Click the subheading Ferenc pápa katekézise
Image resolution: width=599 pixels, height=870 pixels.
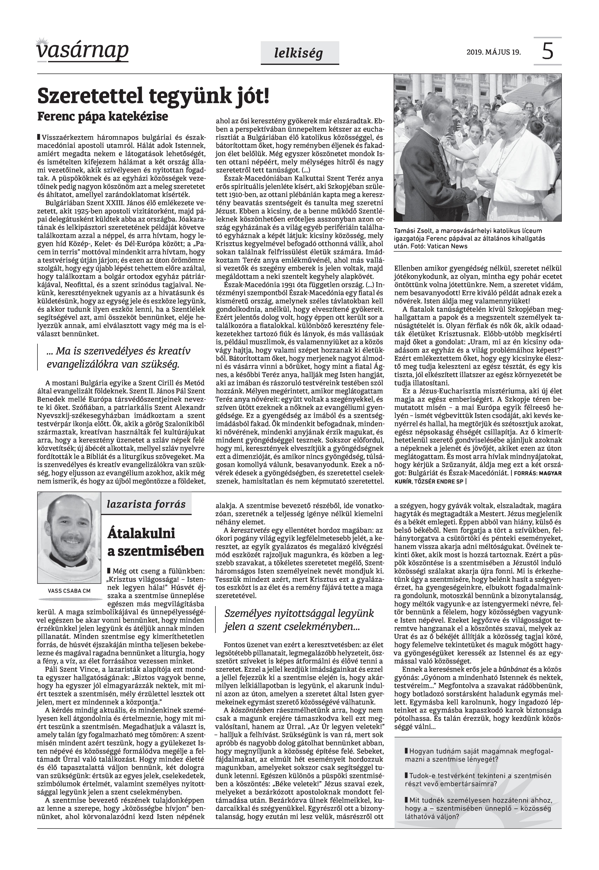pos(102,116)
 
